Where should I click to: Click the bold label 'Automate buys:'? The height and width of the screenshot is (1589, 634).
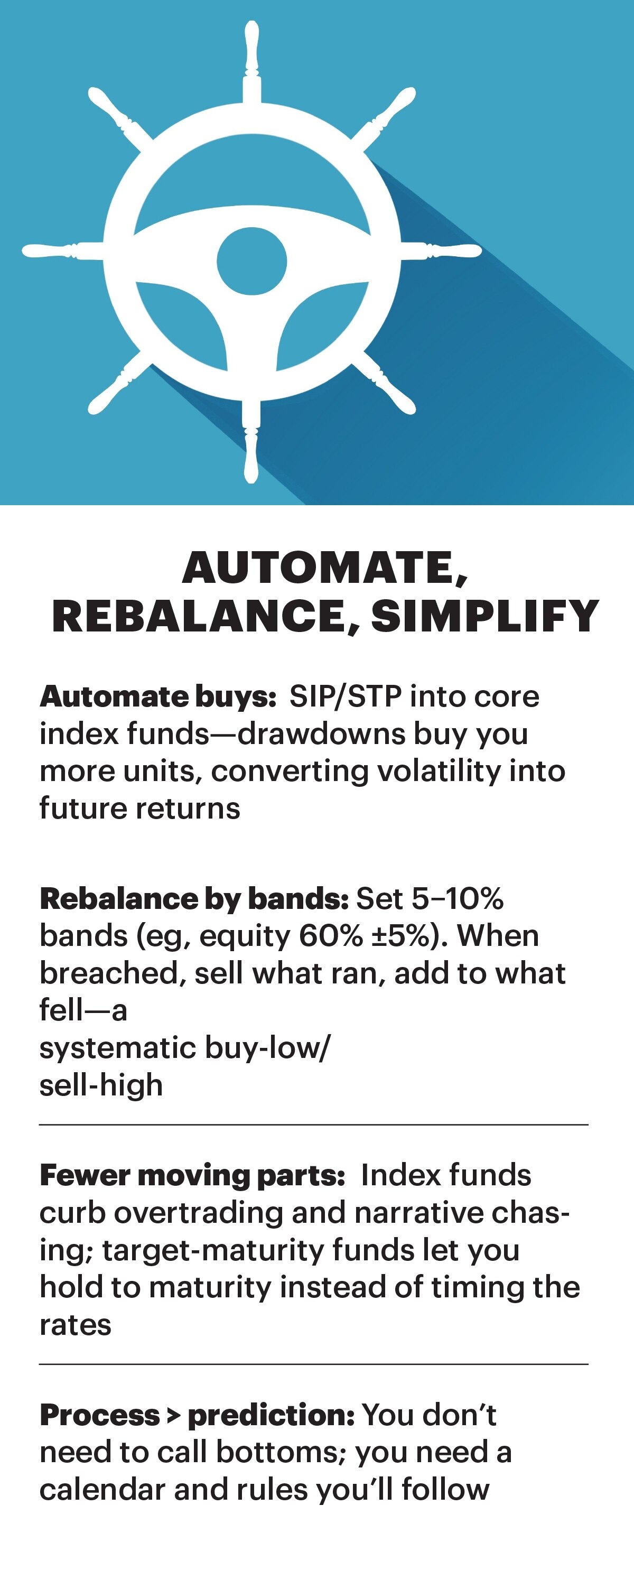coord(158,697)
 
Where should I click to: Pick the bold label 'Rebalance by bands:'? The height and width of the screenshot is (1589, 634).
coord(194,899)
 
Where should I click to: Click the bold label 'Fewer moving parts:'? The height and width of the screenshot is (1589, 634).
coord(192,1176)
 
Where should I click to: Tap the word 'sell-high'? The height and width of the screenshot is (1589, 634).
coord(101,1085)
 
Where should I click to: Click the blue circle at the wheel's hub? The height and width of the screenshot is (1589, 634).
coord(251,261)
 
